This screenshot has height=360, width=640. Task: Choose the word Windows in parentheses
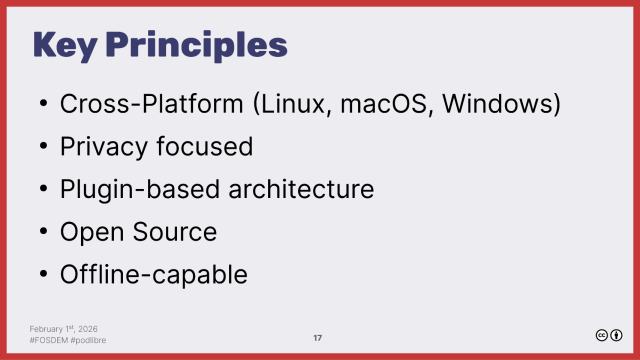pos(503,104)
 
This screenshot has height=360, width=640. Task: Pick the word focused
pos(204,146)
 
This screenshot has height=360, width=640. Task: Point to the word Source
pos(173,231)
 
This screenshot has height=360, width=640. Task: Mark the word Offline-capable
pos(153,273)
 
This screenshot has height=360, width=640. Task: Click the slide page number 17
pos(317,338)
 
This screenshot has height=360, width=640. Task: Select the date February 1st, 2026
pos(63,328)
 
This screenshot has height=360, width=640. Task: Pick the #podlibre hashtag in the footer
pos(90,340)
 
